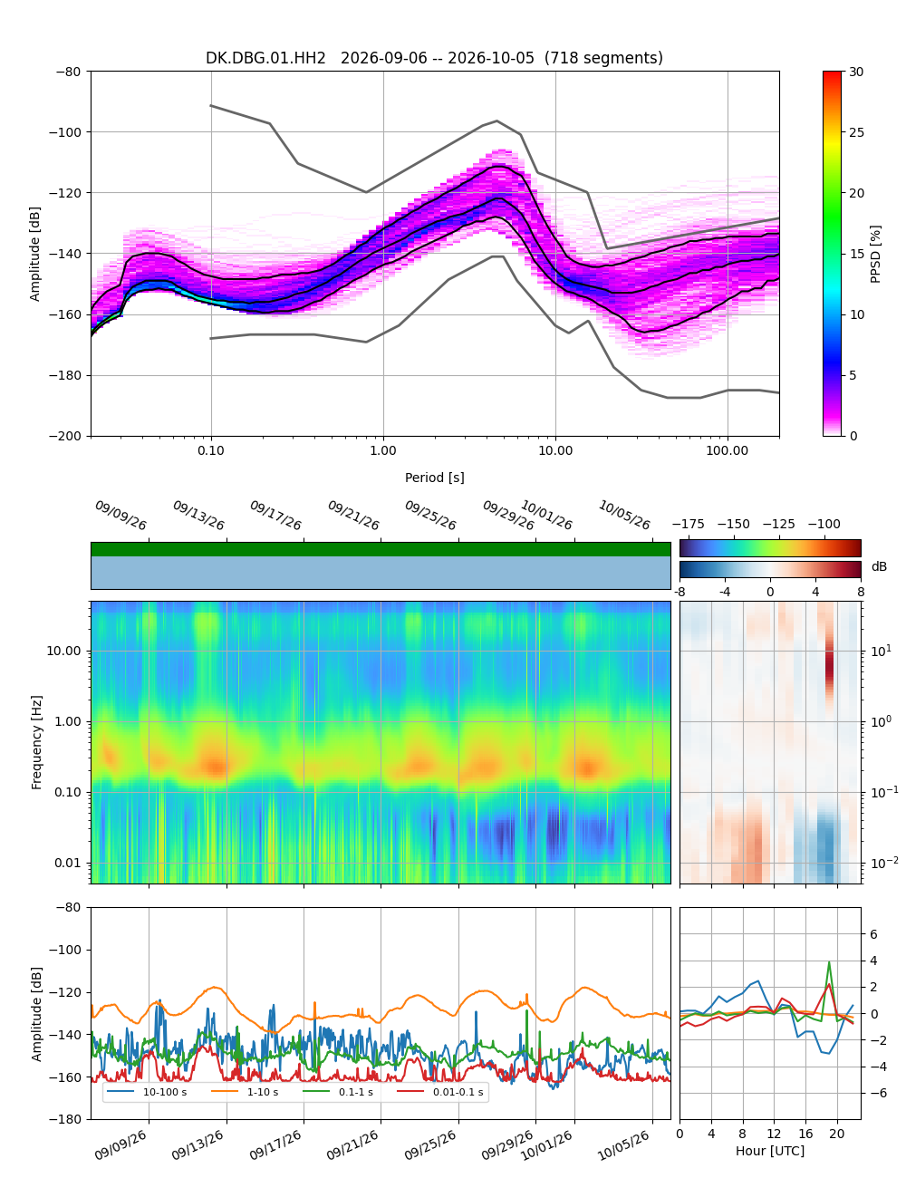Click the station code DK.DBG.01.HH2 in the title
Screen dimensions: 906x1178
click(x=265, y=57)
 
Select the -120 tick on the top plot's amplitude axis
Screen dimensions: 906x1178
click(x=64, y=193)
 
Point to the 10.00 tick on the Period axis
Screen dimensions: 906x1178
click(x=554, y=450)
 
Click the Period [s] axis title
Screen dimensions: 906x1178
click(x=435, y=478)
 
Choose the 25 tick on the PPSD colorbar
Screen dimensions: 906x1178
click(x=856, y=132)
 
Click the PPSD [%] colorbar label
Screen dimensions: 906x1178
click(x=875, y=255)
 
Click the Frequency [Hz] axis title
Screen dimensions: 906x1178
click(x=36, y=742)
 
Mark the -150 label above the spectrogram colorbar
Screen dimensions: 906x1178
click(x=734, y=525)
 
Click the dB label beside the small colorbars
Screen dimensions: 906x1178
click(x=879, y=566)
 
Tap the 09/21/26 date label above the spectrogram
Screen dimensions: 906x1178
click(x=353, y=515)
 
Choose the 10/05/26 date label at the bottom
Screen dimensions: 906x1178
click(x=623, y=1145)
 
